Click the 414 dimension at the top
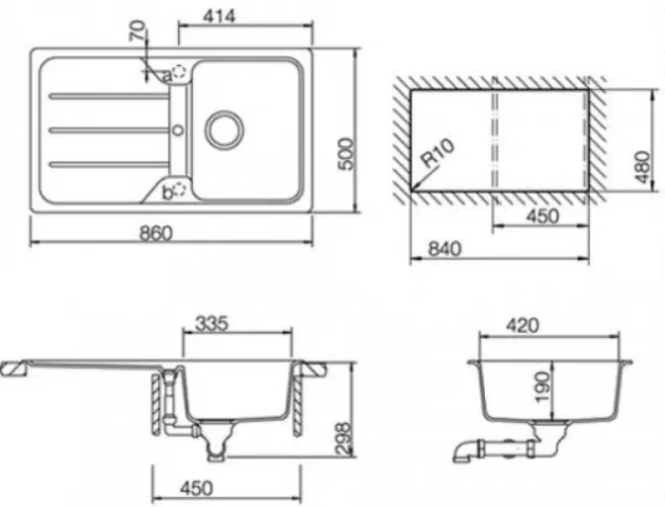(x=219, y=16)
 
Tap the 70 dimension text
(x=138, y=32)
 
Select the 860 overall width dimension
(x=156, y=232)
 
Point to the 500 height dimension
(x=346, y=154)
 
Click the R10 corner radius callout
(x=437, y=153)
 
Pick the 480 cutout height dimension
(x=643, y=167)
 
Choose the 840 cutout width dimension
(x=444, y=249)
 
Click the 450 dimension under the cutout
(x=542, y=216)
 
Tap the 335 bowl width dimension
(x=212, y=323)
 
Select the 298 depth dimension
(x=344, y=438)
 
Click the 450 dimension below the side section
(x=196, y=488)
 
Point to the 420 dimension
(x=522, y=326)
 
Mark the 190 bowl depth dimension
(x=543, y=387)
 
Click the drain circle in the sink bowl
(x=225, y=129)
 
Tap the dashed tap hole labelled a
(x=180, y=71)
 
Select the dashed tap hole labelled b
(x=180, y=189)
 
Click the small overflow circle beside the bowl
(x=178, y=129)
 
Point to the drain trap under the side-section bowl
(x=217, y=441)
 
